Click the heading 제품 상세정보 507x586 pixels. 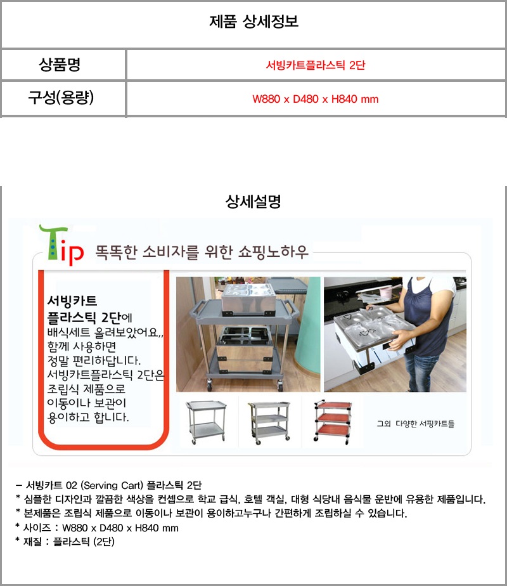253,22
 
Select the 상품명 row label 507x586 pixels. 60,64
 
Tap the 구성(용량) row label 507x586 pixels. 61,98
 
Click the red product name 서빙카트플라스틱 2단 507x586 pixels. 316,65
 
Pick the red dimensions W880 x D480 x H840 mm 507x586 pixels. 316,99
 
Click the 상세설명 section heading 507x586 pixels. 253,202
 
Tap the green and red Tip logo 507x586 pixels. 61,245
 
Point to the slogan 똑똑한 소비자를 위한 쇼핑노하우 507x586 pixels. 202,252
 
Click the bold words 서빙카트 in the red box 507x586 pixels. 72,301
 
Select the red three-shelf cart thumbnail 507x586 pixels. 333,422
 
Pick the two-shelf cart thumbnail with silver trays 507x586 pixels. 206,422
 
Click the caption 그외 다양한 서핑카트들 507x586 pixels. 416,424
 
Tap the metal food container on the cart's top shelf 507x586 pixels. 248,298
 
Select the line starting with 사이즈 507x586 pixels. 97,528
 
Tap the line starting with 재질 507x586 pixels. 65,542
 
